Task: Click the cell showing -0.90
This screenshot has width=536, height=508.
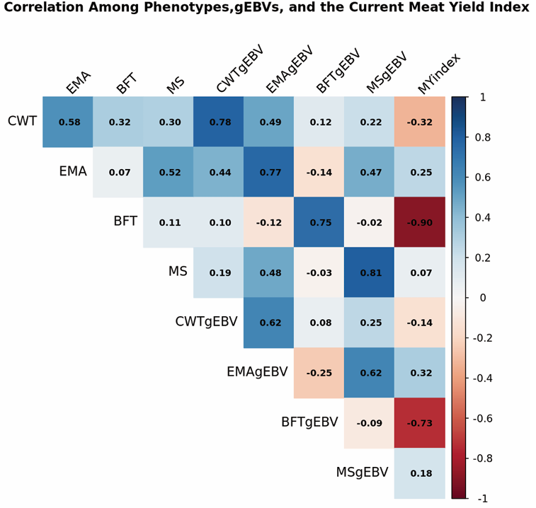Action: click(x=421, y=222)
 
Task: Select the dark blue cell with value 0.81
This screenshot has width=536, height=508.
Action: click(x=370, y=272)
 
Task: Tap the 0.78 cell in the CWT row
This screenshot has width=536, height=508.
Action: click(x=219, y=122)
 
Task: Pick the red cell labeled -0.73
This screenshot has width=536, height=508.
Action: click(x=421, y=423)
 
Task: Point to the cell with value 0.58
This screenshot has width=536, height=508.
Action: click(x=69, y=122)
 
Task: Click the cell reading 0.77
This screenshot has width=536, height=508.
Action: click(x=270, y=172)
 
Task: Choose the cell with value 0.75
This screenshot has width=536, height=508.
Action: click(x=320, y=222)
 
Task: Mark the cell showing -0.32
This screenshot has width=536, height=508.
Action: click(x=421, y=122)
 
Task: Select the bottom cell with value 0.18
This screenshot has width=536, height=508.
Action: click(x=421, y=473)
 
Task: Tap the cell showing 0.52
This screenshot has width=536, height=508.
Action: click(x=169, y=172)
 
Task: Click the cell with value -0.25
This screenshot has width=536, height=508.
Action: click(x=320, y=373)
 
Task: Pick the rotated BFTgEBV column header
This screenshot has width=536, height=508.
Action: click(x=338, y=71)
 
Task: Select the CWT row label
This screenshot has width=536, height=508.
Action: click(x=22, y=121)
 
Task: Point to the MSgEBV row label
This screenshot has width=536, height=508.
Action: click(x=362, y=472)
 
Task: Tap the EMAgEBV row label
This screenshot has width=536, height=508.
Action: click(x=257, y=372)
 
